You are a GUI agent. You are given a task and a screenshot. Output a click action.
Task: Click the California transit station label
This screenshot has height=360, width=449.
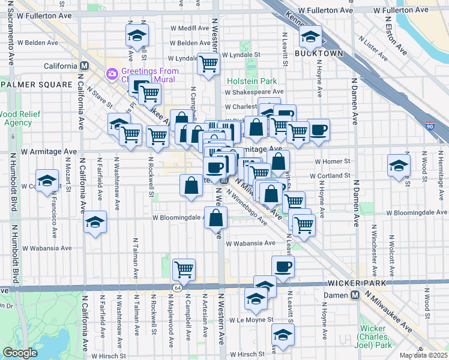61,65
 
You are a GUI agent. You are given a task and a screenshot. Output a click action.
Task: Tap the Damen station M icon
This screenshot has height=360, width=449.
355,295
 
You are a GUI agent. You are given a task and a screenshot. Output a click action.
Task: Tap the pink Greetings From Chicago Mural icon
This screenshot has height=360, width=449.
112,74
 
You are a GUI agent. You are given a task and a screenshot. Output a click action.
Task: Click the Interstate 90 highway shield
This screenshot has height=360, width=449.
444,127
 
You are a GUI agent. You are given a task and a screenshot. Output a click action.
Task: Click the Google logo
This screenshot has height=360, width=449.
20,353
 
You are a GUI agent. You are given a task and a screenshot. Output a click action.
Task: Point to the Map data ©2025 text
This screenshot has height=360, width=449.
423,355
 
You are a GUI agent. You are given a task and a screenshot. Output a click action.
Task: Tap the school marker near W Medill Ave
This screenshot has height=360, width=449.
137,35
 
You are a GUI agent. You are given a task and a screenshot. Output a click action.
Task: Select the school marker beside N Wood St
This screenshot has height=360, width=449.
399,166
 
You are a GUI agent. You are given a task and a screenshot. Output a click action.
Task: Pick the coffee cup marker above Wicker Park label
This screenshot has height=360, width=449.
283,266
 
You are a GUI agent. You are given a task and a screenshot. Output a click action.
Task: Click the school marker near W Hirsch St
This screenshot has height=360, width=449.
282,335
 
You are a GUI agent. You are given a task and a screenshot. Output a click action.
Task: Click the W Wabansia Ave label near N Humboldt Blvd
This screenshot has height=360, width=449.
47,248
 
